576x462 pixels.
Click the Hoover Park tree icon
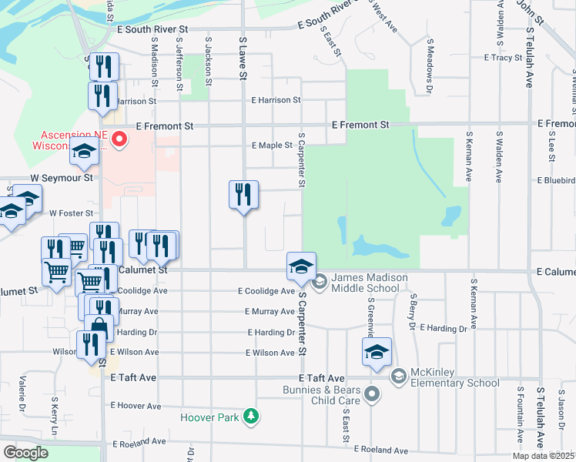coord(250,417)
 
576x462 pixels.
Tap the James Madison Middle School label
coord(366,283)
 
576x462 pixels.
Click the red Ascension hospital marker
coord(119,139)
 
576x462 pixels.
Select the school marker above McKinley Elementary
coord(376,353)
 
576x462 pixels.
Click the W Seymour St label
coord(67,177)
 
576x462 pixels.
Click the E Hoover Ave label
coord(136,405)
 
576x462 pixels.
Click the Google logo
coord(25,452)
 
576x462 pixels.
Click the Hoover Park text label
coord(212,418)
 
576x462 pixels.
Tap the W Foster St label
coord(71,213)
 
